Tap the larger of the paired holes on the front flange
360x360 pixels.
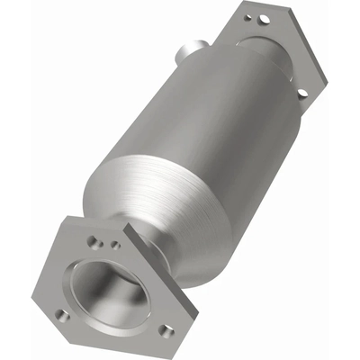click(92, 241)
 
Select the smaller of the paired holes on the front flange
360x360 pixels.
click(114, 244)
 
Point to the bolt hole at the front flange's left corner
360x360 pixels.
click(61, 315)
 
